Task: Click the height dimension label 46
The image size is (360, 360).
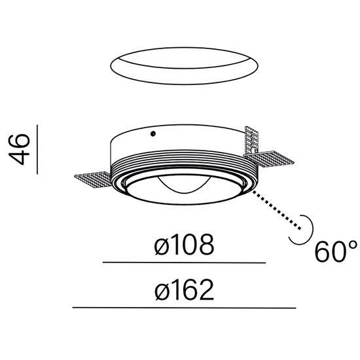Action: click(x=19, y=149)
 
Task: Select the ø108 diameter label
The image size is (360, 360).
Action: click(x=184, y=245)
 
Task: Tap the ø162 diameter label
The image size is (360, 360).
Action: click(x=185, y=290)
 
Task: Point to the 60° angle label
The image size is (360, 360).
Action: click(x=336, y=251)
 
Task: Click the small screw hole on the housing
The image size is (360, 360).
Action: click(x=153, y=134)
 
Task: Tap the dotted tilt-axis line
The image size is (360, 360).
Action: click(x=277, y=210)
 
